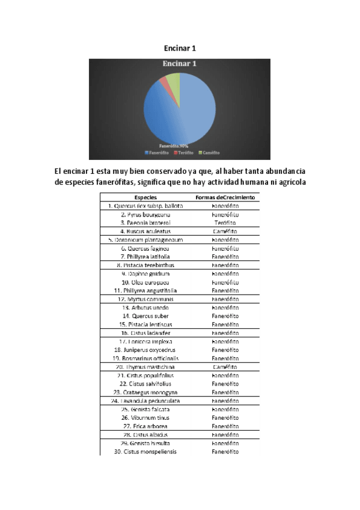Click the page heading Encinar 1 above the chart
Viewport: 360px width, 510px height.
tap(180, 48)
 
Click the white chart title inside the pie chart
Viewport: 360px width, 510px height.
tap(180, 63)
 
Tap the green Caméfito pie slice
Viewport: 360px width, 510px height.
tap(173, 78)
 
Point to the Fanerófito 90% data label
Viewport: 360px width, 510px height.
tap(174, 146)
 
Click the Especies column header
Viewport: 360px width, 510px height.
tap(146, 197)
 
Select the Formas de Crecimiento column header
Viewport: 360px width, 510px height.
tap(225, 197)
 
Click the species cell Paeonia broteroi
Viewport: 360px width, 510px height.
tap(145, 223)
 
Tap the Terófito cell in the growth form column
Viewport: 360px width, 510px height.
tap(225, 223)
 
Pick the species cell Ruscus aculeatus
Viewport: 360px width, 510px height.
tap(145, 231)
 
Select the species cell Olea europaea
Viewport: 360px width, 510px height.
tap(145, 282)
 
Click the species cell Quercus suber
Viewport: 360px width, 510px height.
tap(145, 316)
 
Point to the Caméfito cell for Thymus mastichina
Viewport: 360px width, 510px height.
tap(225, 367)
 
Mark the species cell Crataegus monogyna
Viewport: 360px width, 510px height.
tap(145, 392)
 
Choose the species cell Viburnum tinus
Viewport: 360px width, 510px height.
tap(145, 417)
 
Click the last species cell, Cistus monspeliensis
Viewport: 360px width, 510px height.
tap(145, 452)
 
